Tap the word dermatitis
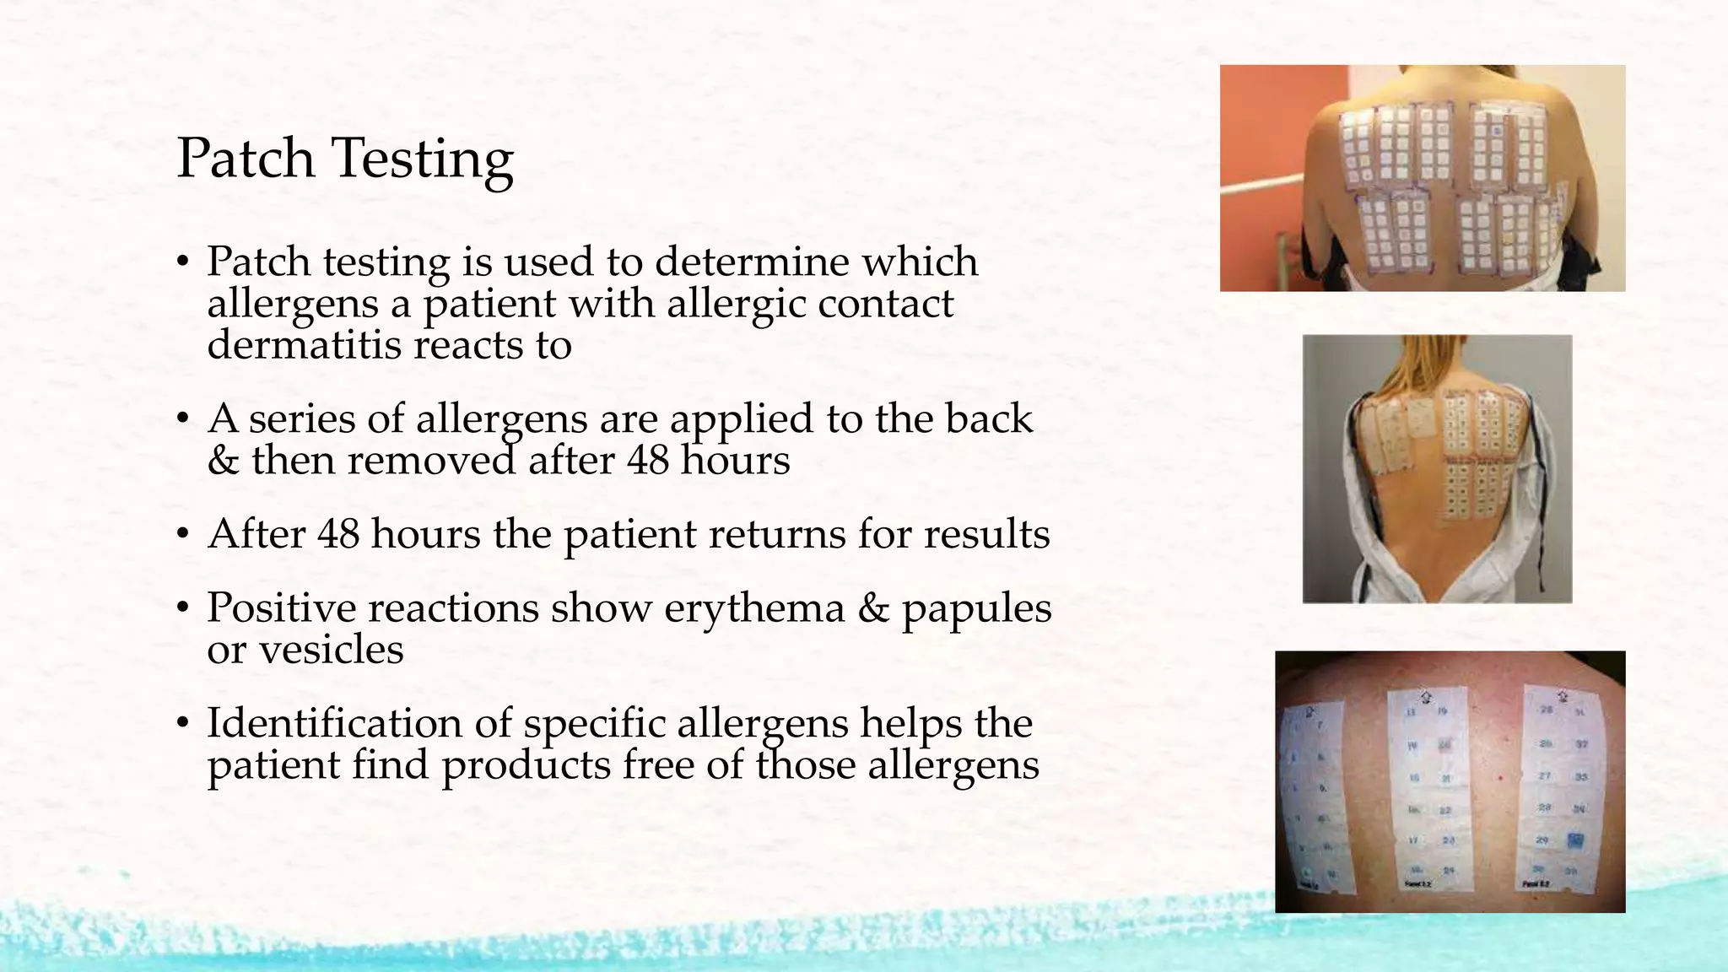pos(304,344)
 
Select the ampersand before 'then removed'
pos(223,461)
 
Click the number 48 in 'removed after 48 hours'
pos(648,461)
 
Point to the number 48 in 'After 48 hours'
pos(338,534)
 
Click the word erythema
pos(753,609)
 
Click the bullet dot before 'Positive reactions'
pos(182,609)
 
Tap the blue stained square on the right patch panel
pos(1575,840)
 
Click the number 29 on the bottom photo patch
pos(1542,840)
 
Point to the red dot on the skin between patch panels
pos(1500,777)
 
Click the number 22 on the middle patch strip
pos(1444,811)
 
